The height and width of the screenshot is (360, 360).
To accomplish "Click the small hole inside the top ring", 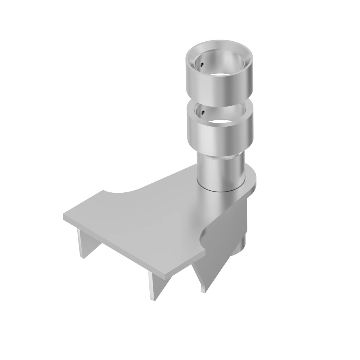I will [202, 65].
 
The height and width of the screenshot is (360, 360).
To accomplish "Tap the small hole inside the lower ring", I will [202, 113].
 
